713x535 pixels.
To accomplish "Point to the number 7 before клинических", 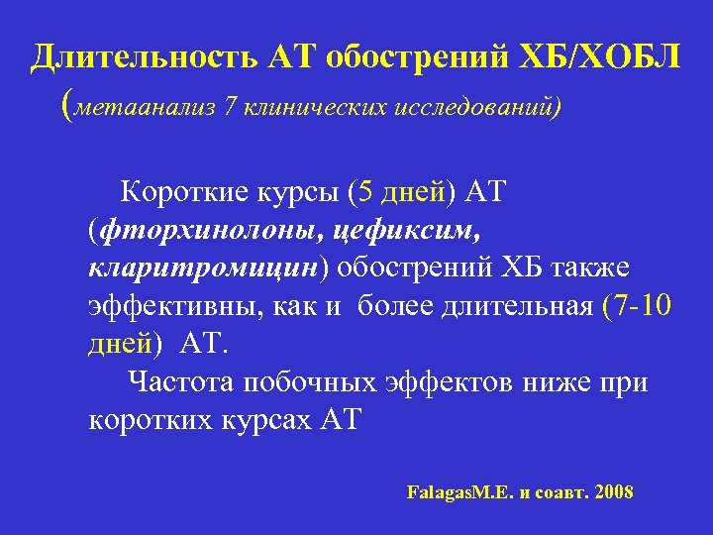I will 230,106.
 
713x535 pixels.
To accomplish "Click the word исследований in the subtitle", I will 472,106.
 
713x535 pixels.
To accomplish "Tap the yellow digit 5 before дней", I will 368,191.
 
